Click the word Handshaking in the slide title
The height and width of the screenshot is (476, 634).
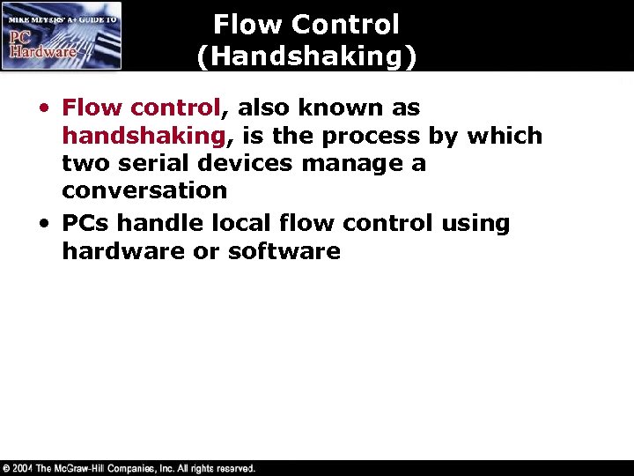(306, 56)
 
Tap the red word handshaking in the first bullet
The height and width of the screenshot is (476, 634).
(140, 136)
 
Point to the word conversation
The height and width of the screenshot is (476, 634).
(144, 190)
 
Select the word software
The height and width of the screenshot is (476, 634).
(284, 250)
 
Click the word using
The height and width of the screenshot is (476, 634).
(475, 223)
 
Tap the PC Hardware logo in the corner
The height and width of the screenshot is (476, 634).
(62, 35)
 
